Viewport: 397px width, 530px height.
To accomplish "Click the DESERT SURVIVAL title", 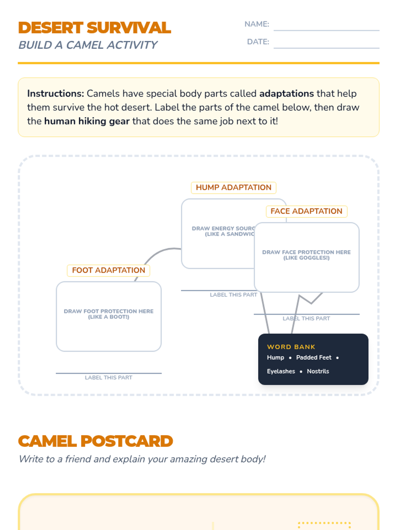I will [95, 28].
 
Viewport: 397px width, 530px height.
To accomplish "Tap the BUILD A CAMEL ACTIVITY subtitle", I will [88, 45].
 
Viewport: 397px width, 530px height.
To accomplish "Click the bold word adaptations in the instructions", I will [287, 94].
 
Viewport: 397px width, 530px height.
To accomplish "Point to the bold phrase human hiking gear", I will [87, 121].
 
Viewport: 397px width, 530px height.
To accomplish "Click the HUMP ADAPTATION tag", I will [234, 187].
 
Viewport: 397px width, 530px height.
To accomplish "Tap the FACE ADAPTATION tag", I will [306, 211].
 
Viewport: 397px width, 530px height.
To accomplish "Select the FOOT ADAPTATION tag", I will [109, 270].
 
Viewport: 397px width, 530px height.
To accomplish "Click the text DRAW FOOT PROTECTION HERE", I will [109, 311].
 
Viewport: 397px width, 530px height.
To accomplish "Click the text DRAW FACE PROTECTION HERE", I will [306, 252].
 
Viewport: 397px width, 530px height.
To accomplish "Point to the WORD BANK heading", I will [291, 347].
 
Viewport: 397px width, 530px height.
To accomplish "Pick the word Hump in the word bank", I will [276, 357].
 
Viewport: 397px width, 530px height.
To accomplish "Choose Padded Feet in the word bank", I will [314, 357].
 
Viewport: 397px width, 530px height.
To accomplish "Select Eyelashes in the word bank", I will [281, 371].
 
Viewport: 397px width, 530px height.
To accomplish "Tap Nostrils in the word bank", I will [318, 371].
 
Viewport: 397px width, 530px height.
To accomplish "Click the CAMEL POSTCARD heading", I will [95, 441].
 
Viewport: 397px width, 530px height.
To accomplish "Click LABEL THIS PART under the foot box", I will [109, 378].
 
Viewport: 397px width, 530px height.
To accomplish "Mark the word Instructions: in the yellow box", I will [56, 94].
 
